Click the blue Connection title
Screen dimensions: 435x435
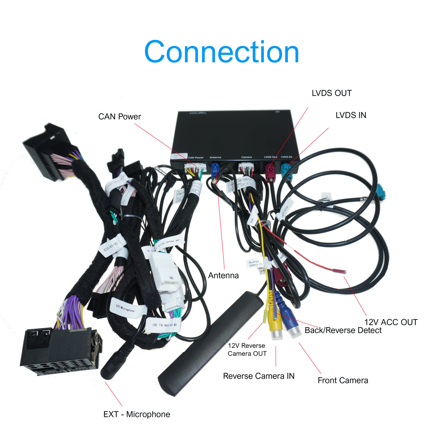[x=221, y=52]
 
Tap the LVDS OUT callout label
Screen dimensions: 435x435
[x=331, y=93]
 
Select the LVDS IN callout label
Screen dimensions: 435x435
[x=351, y=115]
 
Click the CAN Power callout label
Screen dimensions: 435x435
[x=119, y=117]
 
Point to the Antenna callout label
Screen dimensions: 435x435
[x=223, y=275]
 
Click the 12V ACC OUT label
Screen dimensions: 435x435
[x=390, y=322]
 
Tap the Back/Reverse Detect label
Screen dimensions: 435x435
[x=343, y=330]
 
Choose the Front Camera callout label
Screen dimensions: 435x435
[x=343, y=380]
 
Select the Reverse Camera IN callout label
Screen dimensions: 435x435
[x=258, y=376]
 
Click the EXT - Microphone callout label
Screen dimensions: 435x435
[x=136, y=414]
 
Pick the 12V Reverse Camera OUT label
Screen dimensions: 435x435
[x=247, y=350]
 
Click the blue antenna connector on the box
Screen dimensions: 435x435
[x=215, y=169]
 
